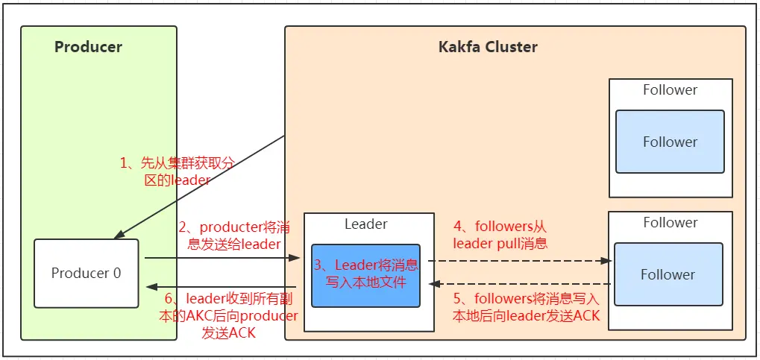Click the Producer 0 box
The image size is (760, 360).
tap(87, 274)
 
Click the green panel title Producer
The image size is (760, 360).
tap(88, 47)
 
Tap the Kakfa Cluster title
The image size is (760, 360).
tap(488, 47)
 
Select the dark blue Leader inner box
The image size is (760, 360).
tap(365, 276)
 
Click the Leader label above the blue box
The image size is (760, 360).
tap(366, 224)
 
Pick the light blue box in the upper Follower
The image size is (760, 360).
tap(670, 142)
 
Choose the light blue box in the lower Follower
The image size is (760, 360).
tap(668, 274)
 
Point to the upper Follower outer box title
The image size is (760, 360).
tap(671, 89)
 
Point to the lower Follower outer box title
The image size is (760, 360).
tap(671, 222)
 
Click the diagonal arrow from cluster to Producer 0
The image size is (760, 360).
tap(198, 187)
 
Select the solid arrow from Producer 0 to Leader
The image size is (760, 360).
tap(223, 258)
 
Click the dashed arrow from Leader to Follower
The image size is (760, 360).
tap(520, 261)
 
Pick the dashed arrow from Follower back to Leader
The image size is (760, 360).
tap(521, 284)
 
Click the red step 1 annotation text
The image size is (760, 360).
tap(178, 171)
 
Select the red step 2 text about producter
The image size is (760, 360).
tap(234, 235)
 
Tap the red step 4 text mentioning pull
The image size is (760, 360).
tap(500, 235)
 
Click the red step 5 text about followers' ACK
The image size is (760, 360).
tap(527, 307)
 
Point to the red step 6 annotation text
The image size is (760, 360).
tap(228, 316)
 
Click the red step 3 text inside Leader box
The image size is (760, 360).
tap(366, 273)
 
